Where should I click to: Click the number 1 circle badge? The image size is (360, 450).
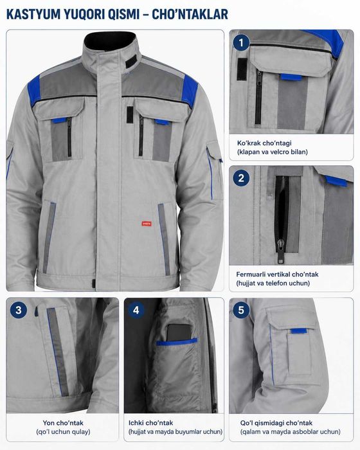[x=241, y=43]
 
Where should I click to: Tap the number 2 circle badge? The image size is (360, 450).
[x=241, y=178]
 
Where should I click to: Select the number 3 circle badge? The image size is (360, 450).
[x=19, y=310]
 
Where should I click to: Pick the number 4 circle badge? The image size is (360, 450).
[x=136, y=310]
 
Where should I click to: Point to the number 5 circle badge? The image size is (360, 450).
[x=241, y=310]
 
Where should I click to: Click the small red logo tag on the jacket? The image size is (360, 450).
[x=147, y=224]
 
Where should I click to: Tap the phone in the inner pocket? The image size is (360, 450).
[x=179, y=333]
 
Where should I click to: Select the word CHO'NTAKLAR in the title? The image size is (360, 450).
[x=190, y=14]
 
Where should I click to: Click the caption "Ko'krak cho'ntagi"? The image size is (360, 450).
[x=264, y=143]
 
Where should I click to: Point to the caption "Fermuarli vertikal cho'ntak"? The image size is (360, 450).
[x=277, y=274]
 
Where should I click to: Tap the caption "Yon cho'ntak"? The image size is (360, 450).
[x=63, y=423]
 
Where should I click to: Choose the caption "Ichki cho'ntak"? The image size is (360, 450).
[x=150, y=423]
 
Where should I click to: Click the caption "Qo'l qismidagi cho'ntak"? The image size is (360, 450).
[x=276, y=423]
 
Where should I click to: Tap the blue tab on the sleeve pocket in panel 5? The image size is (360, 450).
[x=299, y=331]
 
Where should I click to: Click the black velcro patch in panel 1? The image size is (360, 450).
[x=242, y=69]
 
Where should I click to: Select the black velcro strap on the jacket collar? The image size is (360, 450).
[x=131, y=62]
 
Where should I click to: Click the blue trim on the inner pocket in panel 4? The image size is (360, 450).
[x=177, y=341]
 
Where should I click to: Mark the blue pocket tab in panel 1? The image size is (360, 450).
[x=291, y=77]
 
